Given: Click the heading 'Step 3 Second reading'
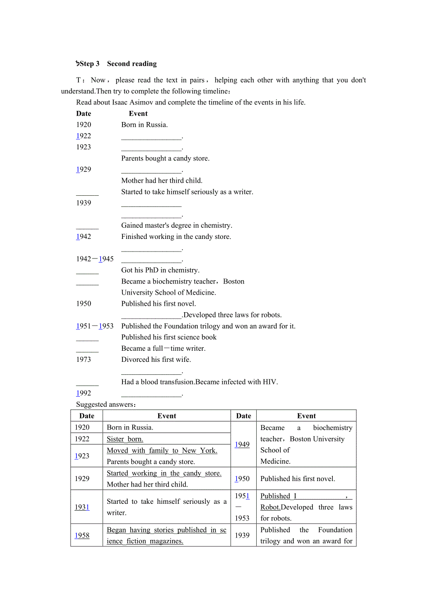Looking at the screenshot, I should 118,64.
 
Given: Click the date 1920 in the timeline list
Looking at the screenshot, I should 84,124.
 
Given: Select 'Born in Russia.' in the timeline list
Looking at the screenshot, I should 144,124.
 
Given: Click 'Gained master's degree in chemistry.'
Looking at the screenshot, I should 176,225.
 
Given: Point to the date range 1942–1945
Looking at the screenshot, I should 95,259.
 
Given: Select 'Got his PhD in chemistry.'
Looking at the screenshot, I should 160,270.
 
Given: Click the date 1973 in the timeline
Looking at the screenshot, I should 84,359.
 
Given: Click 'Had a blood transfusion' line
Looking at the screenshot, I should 199,382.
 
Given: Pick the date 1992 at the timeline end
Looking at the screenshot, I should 84,393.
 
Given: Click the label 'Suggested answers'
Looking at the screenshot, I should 106,404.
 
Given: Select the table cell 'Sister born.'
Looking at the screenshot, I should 125,439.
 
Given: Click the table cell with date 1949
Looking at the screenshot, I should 242,444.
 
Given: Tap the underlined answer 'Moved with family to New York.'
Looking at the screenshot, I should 162,450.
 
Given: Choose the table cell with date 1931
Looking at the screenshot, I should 82,507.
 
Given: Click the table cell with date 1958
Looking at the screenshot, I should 82,535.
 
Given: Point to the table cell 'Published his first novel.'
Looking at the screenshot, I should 298,479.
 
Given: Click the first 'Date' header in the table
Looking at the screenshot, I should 87,416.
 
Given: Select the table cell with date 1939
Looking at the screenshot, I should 242,535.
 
